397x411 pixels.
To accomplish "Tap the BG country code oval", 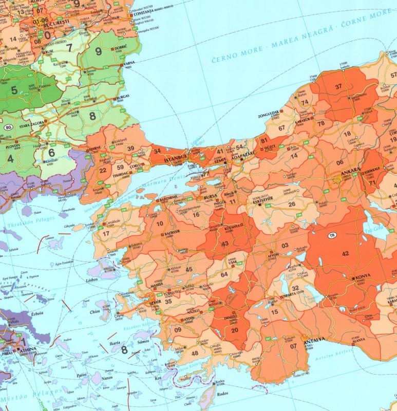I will tap(8, 127).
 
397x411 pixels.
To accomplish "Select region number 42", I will tap(345, 253).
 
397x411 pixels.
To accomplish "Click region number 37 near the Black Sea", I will tap(338, 87).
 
